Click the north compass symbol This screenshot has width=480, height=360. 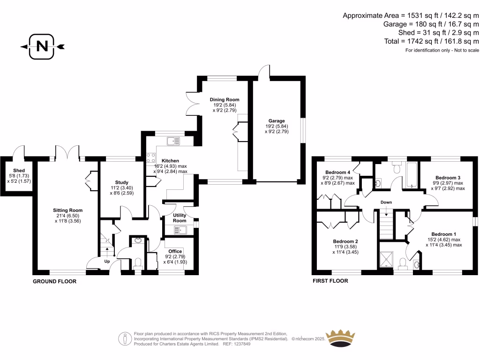[x=42, y=46]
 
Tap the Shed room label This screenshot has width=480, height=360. [x=19, y=171]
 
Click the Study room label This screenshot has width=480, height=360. [x=121, y=182]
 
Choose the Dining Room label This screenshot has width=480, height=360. [x=225, y=100]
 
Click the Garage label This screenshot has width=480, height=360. [x=277, y=121]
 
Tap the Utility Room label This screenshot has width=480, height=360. [x=179, y=218]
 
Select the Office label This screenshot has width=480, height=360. [x=175, y=251]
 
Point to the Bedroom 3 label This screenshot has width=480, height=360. [x=448, y=178]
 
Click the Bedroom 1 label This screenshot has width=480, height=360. [x=444, y=234]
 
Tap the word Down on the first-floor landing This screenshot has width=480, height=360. [x=386, y=202]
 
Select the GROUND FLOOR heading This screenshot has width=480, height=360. [x=54, y=282]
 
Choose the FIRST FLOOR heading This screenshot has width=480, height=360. [x=330, y=281]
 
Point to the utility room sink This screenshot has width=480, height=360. [x=180, y=230]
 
